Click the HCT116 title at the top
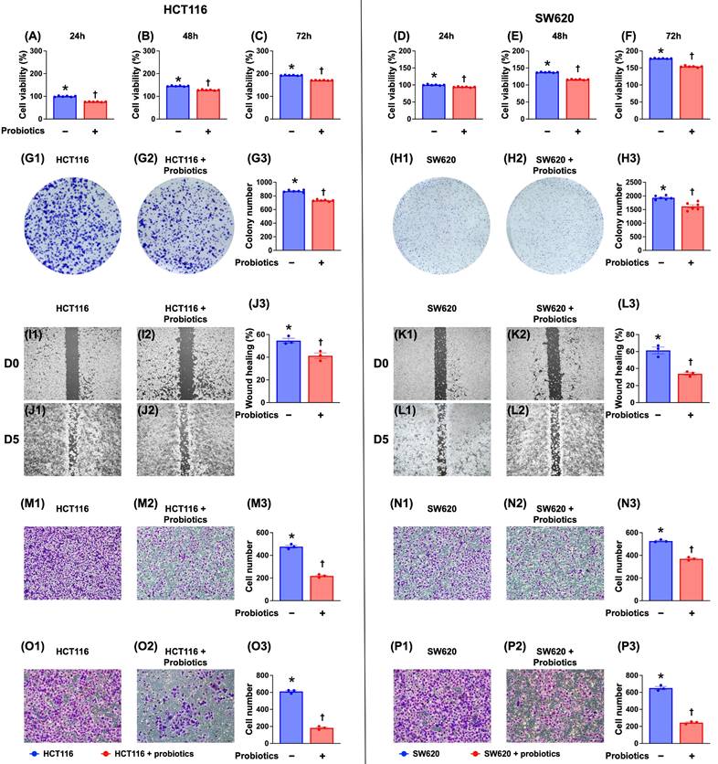point(179,11)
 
